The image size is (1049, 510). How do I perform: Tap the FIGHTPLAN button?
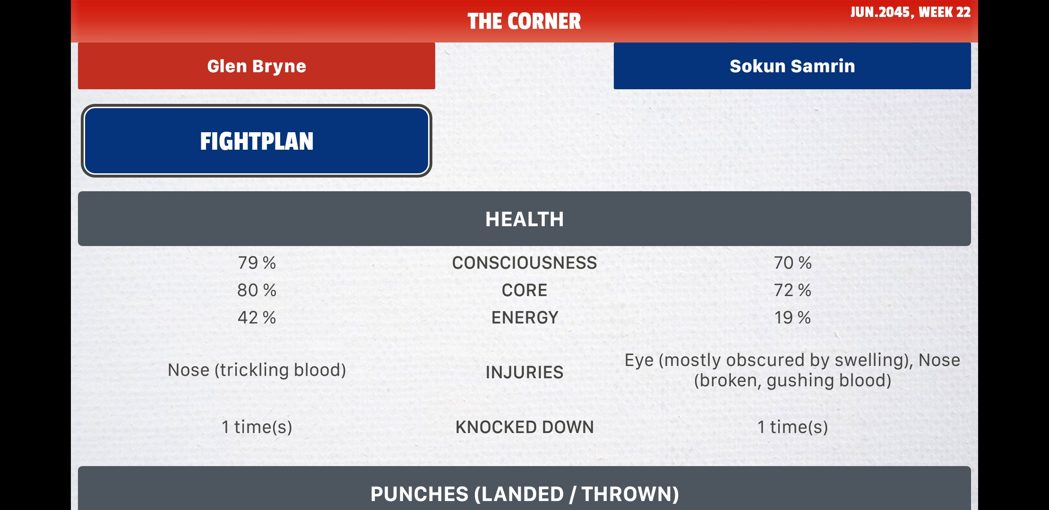(x=256, y=141)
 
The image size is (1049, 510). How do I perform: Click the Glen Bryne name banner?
(x=256, y=66)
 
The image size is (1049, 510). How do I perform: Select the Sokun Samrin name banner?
(x=792, y=66)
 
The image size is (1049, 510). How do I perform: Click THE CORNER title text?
(x=524, y=21)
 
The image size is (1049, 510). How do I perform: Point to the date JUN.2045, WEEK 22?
(x=910, y=12)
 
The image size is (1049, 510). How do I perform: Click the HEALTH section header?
(x=524, y=219)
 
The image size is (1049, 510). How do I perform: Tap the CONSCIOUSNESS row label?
(x=524, y=263)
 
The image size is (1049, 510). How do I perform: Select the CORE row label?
(x=524, y=290)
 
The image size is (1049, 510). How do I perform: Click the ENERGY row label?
(x=524, y=318)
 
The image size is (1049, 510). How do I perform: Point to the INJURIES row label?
(x=524, y=373)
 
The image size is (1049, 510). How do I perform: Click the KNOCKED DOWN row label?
(x=524, y=427)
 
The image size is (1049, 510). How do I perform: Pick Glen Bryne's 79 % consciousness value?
(x=257, y=263)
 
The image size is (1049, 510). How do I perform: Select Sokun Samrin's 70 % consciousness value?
(x=792, y=263)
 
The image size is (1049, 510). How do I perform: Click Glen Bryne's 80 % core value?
(x=257, y=290)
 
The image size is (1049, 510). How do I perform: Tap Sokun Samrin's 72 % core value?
(x=792, y=290)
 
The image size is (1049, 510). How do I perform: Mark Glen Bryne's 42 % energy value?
(x=257, y=318)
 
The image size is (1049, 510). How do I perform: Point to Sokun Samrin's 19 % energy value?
(x=792, y=318)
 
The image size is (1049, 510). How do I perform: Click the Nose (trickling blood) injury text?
(x=257, y=370)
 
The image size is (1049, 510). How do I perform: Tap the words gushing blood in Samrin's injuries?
(x=827, y=381)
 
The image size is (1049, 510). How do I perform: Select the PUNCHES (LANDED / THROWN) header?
(x=524, y=494)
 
